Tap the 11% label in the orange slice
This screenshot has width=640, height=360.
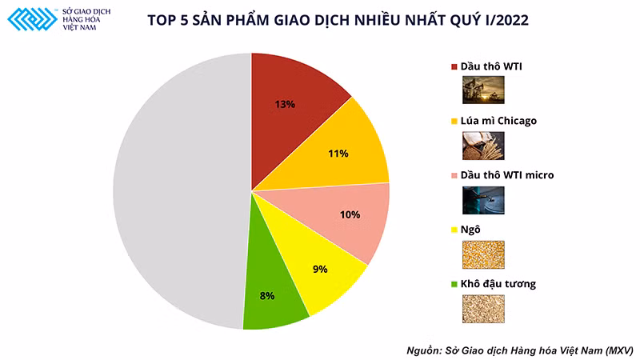tap(338, 153)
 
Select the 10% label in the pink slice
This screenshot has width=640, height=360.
tap(350, 215)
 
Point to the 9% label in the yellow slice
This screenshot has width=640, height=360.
tap(320, 270)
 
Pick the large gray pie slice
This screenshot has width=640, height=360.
tap(176, 192)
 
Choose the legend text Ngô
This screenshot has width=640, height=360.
tap(470, 230)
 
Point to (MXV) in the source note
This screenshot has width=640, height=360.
tap(615, 350)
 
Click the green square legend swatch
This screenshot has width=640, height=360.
tap(455, 284)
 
